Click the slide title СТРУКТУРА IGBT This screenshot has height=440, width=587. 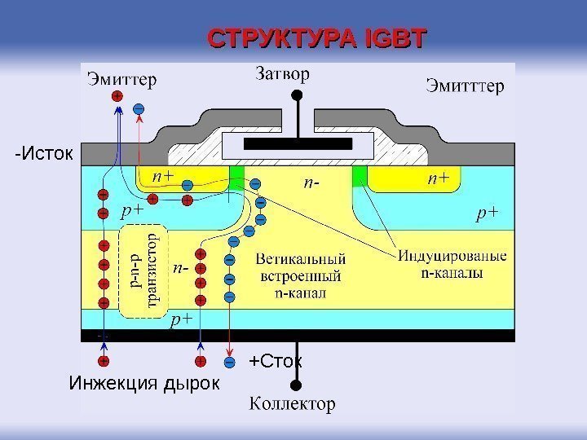pyautogui.click(x=317, y=38)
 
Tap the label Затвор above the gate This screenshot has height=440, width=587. pyautogui.click(x=283, y=75)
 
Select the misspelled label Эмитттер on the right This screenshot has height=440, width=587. pyautogui.click(x=466, y=85)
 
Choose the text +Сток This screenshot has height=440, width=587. pyautogui.click(x=276, y=360)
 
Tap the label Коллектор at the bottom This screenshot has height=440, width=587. pyautogui.click(x=291, y=404)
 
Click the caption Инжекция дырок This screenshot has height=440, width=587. pyautogui.click(x=144, y=382)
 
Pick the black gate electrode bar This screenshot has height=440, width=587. pyautogui.click(x=298, y=143)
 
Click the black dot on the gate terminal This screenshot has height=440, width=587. pyautogui.click(x=297, y=95)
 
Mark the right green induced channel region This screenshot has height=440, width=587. pyautogui.click(x=359, y=175)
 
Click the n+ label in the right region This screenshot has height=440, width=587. pyautogui.click(x=437, y=178)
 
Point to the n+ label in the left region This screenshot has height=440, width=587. pyautogui.click(x=161, y=176)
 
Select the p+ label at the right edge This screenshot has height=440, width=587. pyautogui.click(x=487, y=213)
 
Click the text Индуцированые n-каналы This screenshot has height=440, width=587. pyautogui.click(x=452, y=265)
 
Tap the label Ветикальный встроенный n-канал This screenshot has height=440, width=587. pyautogui.click(x=300, y=275)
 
